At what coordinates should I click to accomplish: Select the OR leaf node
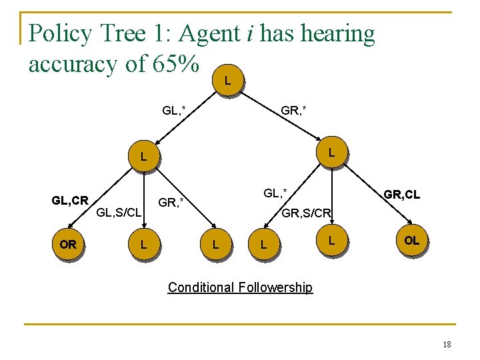(68, 245)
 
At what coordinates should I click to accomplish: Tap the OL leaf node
(411, 241)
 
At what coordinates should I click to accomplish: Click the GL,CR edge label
(70, 200)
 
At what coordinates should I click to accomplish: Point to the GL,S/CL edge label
(119, 213)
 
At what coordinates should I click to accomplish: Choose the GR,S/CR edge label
(306, 214)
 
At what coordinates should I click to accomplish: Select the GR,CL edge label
(401, 195)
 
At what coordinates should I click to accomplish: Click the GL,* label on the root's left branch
(174, 109)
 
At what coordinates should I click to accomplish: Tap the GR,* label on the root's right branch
(293, 109)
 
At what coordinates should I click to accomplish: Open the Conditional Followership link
(240, 287)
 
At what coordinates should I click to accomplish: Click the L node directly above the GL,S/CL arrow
(143, 158)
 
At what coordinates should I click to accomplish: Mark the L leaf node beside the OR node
(143, 245)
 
